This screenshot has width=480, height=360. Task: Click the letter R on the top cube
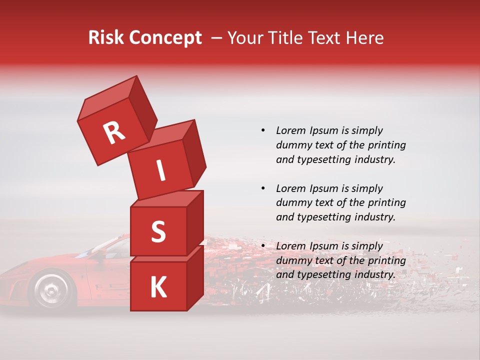(x=114, y=133)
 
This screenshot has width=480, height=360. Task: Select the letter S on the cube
(x=158, y=232)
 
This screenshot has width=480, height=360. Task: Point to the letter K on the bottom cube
(x=158, y=287)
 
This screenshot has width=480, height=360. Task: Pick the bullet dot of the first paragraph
(x=262, y=130)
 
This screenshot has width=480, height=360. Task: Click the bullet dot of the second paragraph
(x=262, y=188)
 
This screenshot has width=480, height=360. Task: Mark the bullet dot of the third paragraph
(x=262, y=246)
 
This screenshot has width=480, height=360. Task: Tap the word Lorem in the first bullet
(x=290, y=130)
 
